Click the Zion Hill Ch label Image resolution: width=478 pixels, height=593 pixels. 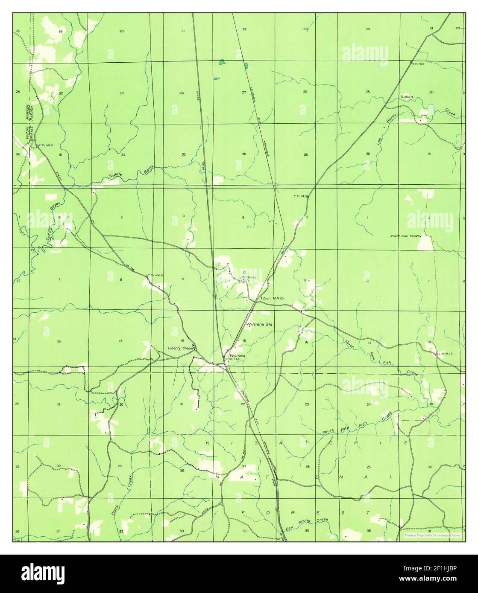[x=273, y=298]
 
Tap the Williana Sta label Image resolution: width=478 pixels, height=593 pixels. [x=259, y=325]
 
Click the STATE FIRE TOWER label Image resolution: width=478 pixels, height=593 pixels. [x=405, y=236]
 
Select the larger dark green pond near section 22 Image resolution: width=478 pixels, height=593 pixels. [x=221, y=62]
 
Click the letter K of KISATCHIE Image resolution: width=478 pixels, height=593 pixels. [x=208, y=443]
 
